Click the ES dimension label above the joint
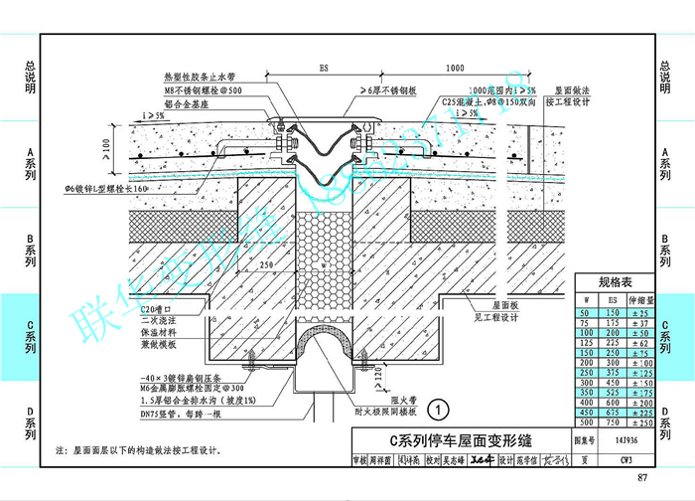tap(324, 67)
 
